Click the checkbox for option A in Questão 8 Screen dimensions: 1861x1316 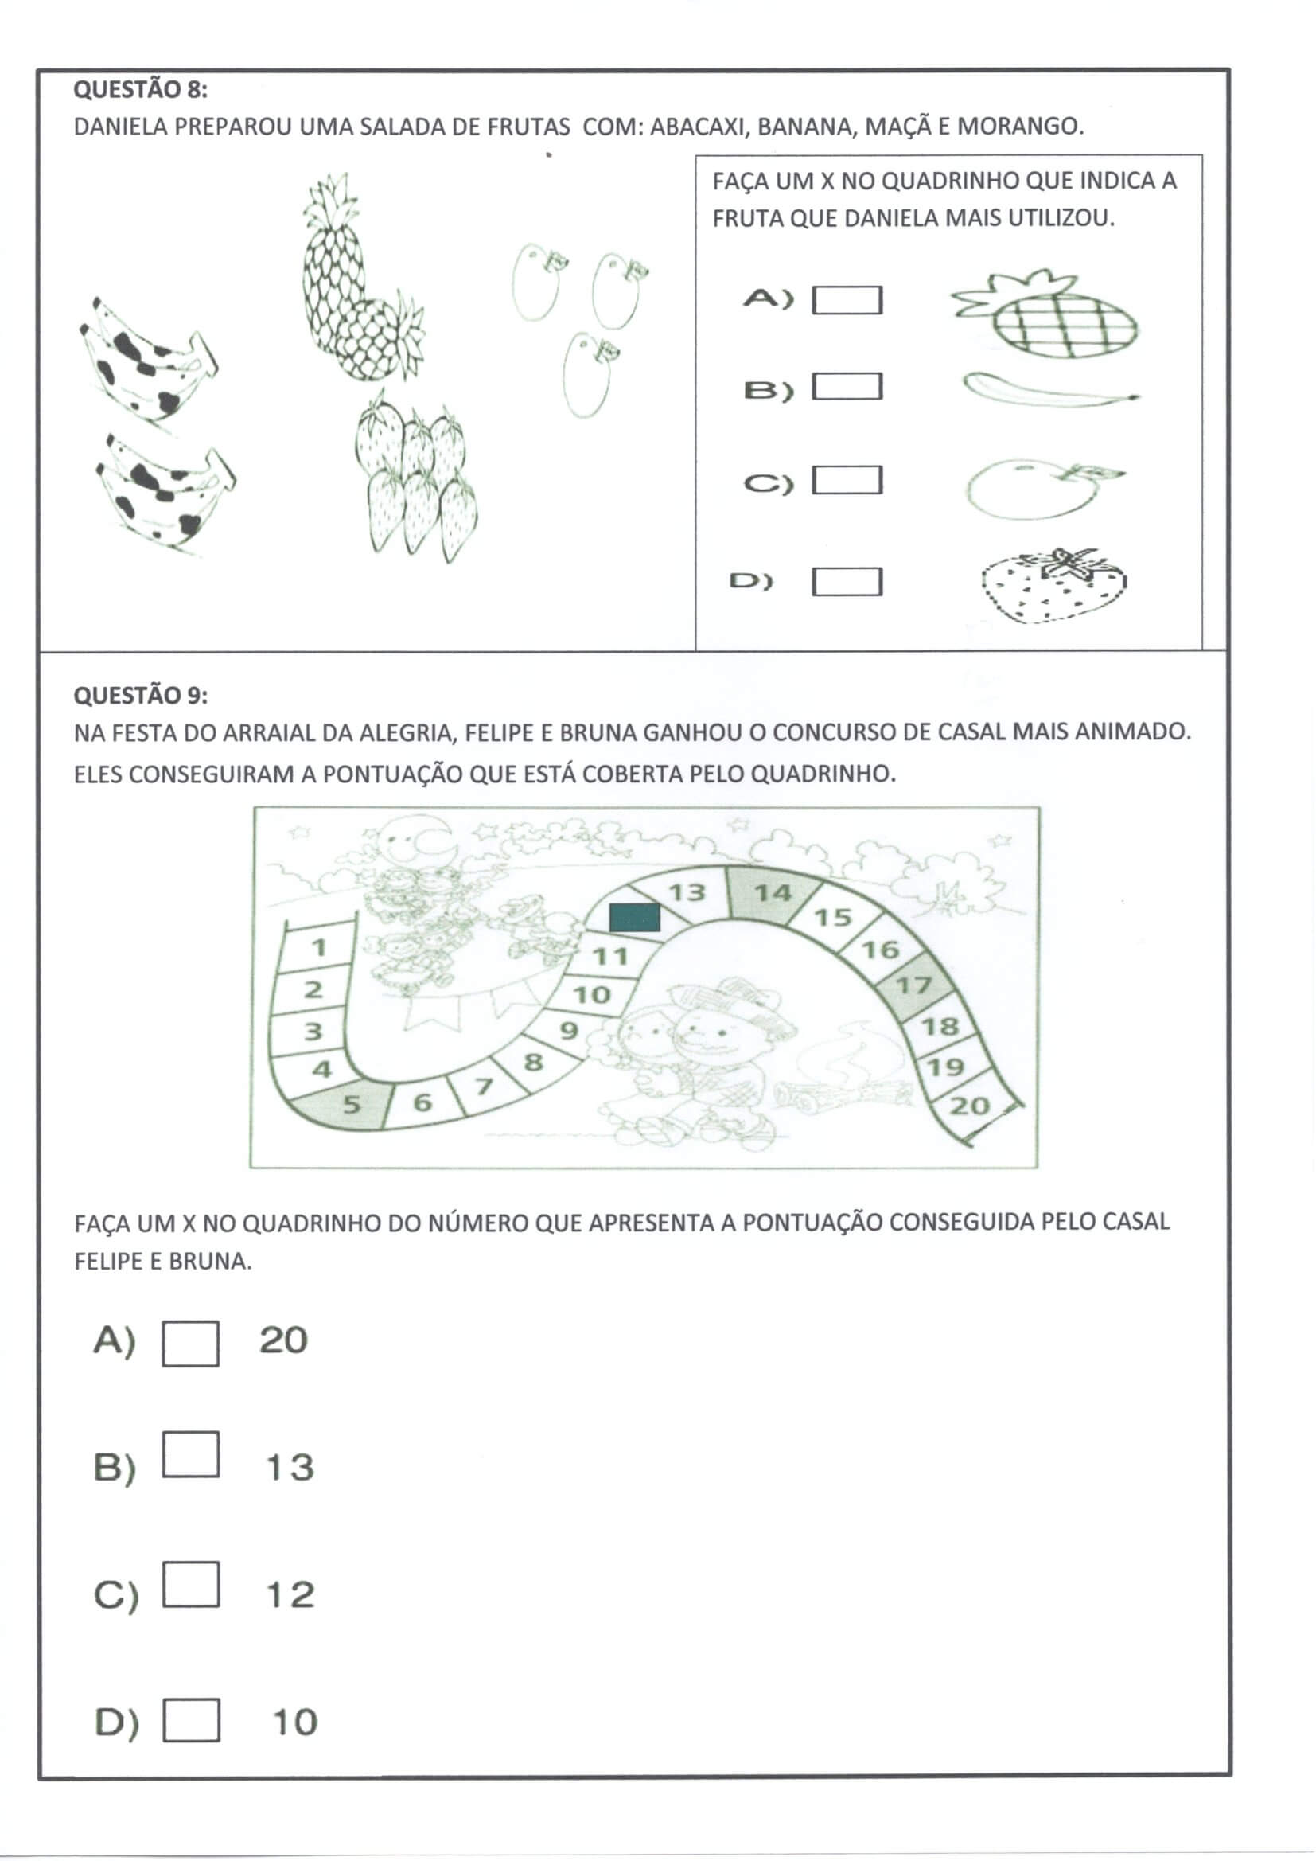[x=847, y=300]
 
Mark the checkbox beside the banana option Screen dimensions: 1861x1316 [x=847, y=387]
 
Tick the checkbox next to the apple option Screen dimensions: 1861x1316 [x=847, y=480]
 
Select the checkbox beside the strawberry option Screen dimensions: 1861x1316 [x=847, y=581]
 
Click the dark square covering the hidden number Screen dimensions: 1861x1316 [x=634, y=918]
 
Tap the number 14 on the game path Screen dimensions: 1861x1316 [x=773, y=892]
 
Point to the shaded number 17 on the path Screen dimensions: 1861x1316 [x=914, y=985]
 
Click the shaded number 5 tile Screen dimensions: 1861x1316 [x=352, y=1104]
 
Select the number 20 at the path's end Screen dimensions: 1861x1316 [x=969, y=1105]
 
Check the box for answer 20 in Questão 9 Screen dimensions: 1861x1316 [x=190, y=1344]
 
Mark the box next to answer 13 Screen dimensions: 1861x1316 [x=190, y=1454]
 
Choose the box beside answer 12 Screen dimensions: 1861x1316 [x=190, y=1584]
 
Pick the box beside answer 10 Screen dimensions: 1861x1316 [x=191, y=1720]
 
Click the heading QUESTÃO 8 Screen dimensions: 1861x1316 [x=140, y=89]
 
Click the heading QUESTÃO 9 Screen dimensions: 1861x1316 [x=140, y=695]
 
